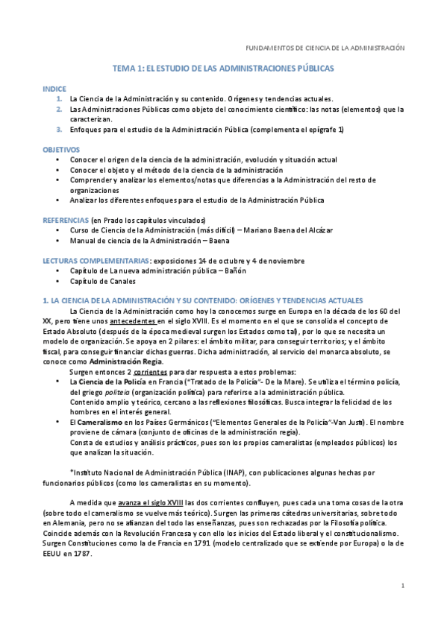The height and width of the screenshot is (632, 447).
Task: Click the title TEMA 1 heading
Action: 223,68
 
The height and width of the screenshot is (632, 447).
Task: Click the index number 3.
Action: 59,130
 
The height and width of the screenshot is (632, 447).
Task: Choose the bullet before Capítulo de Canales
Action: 58,281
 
